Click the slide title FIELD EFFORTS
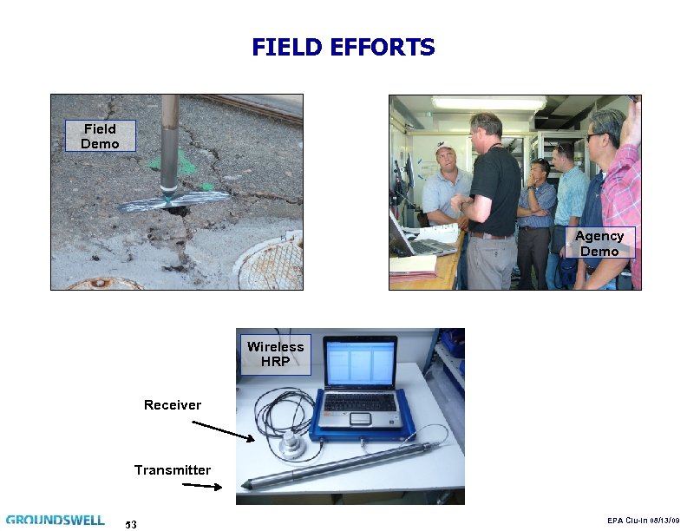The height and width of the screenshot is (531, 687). point(343,47)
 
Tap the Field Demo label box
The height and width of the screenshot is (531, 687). point(100,136)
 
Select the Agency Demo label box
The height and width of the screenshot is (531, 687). point(599,244)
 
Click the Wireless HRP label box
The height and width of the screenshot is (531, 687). point(275,353)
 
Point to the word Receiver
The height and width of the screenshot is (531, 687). point(172,405)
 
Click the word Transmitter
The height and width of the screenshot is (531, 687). point(172,470)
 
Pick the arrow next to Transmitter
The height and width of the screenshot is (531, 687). point(202,486)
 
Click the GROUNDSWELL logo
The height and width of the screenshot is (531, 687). point(55,520)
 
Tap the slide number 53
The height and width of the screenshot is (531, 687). point(131,524)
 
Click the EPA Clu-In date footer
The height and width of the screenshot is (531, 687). point(643,521)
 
